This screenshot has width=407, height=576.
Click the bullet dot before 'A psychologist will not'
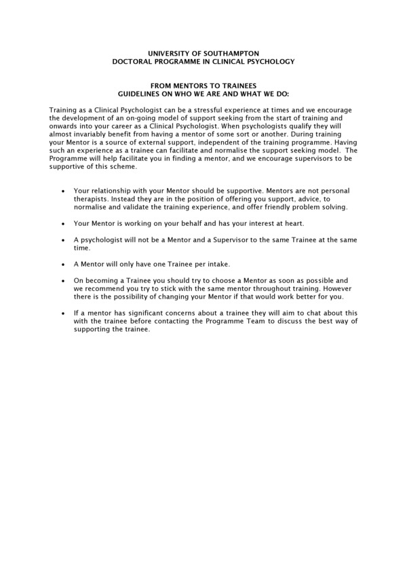pos(63,240)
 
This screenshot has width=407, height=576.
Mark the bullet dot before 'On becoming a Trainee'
pos(63,280)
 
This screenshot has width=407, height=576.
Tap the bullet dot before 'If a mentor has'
pos(63,312)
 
